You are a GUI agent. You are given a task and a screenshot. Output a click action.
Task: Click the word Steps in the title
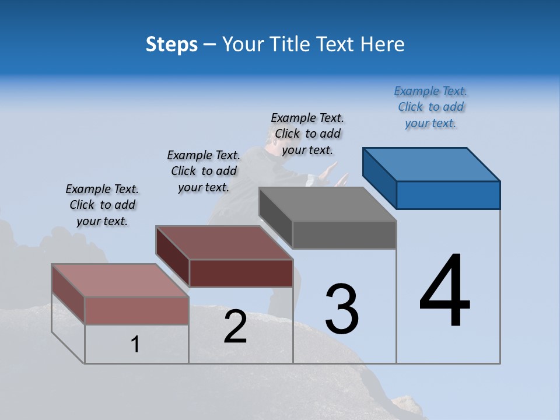[171, 44]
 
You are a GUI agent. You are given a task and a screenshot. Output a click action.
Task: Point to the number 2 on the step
[235, 327]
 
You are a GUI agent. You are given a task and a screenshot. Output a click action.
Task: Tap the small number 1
[135, 345]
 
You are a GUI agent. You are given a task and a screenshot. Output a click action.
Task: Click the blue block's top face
[432, 164]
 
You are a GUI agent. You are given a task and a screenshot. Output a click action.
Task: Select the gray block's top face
[328, 204]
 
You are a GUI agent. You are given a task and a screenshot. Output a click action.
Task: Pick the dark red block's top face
[225, 243]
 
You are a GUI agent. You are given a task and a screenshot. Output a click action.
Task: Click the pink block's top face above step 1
[120, 281]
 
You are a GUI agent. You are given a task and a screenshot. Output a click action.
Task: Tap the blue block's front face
[448, 195]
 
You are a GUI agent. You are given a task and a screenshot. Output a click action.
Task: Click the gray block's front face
[344, 235]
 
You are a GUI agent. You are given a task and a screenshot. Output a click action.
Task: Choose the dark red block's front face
[241, 273]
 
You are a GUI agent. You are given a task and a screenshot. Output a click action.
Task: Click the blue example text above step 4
[430, 107]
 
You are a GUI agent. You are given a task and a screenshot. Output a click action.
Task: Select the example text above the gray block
[307, 134]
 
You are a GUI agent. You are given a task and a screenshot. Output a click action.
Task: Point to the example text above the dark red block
[204, 171]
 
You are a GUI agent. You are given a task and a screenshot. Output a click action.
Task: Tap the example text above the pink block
[102, 205]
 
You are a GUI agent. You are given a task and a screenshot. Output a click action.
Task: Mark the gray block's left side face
[276, 218]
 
